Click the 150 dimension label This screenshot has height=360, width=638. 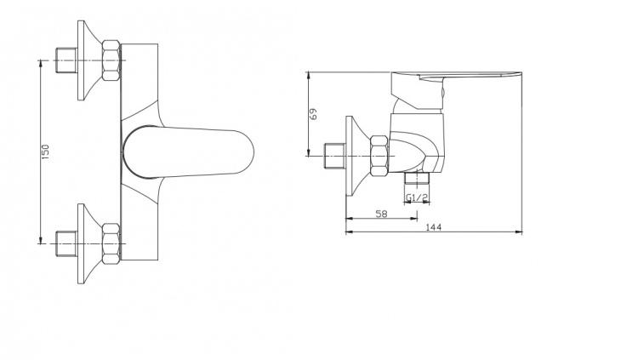[46, 151]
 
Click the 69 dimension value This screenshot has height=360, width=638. [313, 113]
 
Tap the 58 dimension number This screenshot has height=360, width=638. [380, 214]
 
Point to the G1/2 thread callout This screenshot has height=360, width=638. [416, 197]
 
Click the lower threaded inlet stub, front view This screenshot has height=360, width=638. [64, 242]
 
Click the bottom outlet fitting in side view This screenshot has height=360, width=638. [416, 182]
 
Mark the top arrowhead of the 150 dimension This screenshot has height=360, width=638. [42, 65]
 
